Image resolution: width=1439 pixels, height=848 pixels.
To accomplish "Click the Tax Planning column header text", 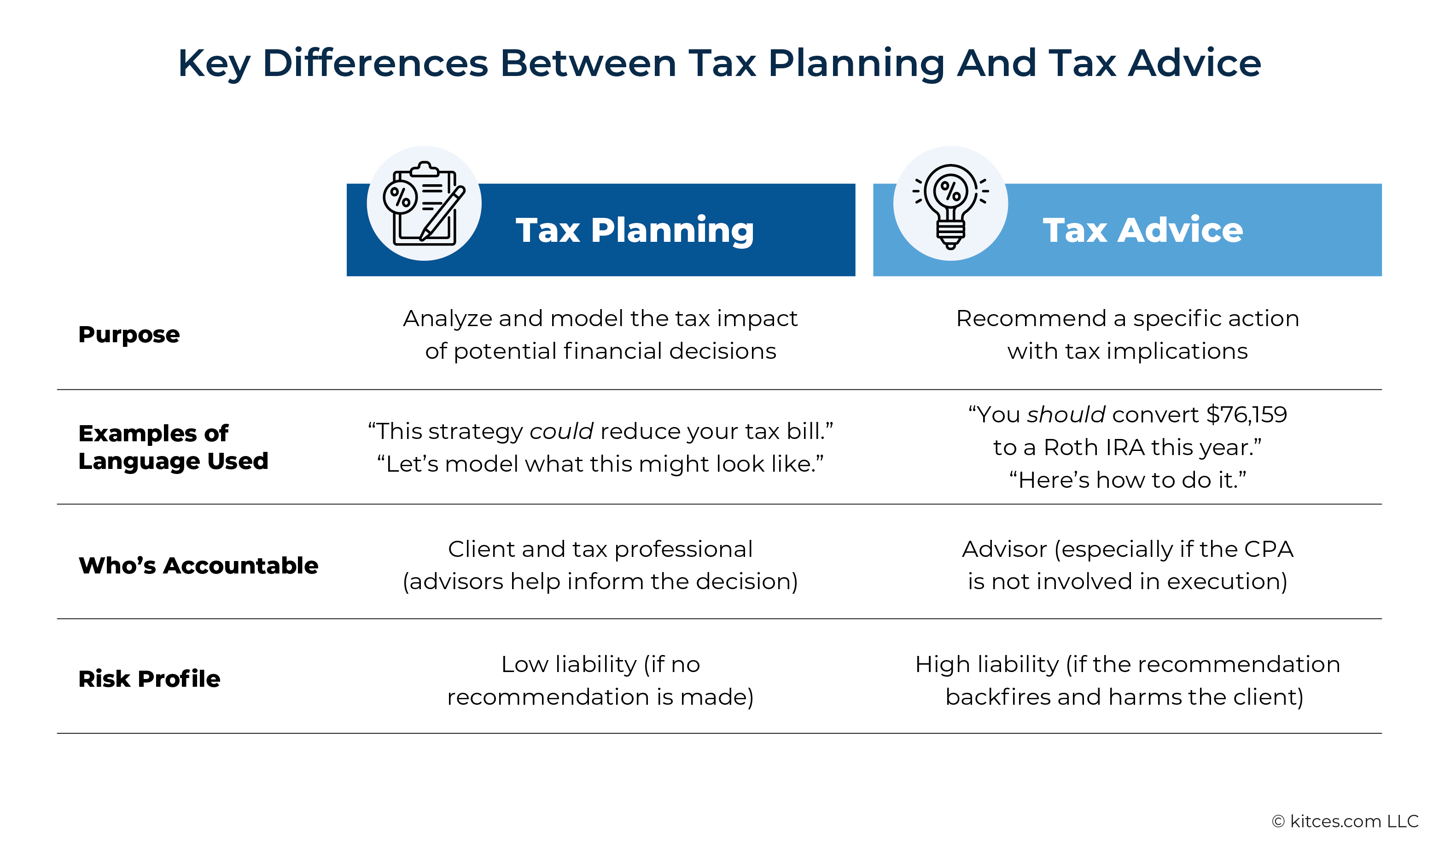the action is click(x=635, y=230).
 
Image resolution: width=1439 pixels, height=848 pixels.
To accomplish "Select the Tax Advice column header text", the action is click(x=1142, y=230).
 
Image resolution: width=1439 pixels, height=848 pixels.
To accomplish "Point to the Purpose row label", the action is click(x=129, y=334).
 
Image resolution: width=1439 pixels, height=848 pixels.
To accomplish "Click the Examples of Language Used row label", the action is click(x=173, y=447).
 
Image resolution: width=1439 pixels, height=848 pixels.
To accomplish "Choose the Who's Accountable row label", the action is click(x=198, y=565).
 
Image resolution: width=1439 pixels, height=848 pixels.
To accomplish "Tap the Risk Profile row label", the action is click(x=149, y=678).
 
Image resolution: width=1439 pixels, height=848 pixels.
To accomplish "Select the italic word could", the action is click(x=561, y=431).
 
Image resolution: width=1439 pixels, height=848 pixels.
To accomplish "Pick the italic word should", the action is click(x=1066, y=414).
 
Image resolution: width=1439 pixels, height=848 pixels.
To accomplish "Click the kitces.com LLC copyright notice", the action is click(x=1346, y=821).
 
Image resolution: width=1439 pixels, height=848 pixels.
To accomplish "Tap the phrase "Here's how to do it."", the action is click(x=1128, y=480).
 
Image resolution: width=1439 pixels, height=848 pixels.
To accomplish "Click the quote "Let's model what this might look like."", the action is click(x=600, y=463).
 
